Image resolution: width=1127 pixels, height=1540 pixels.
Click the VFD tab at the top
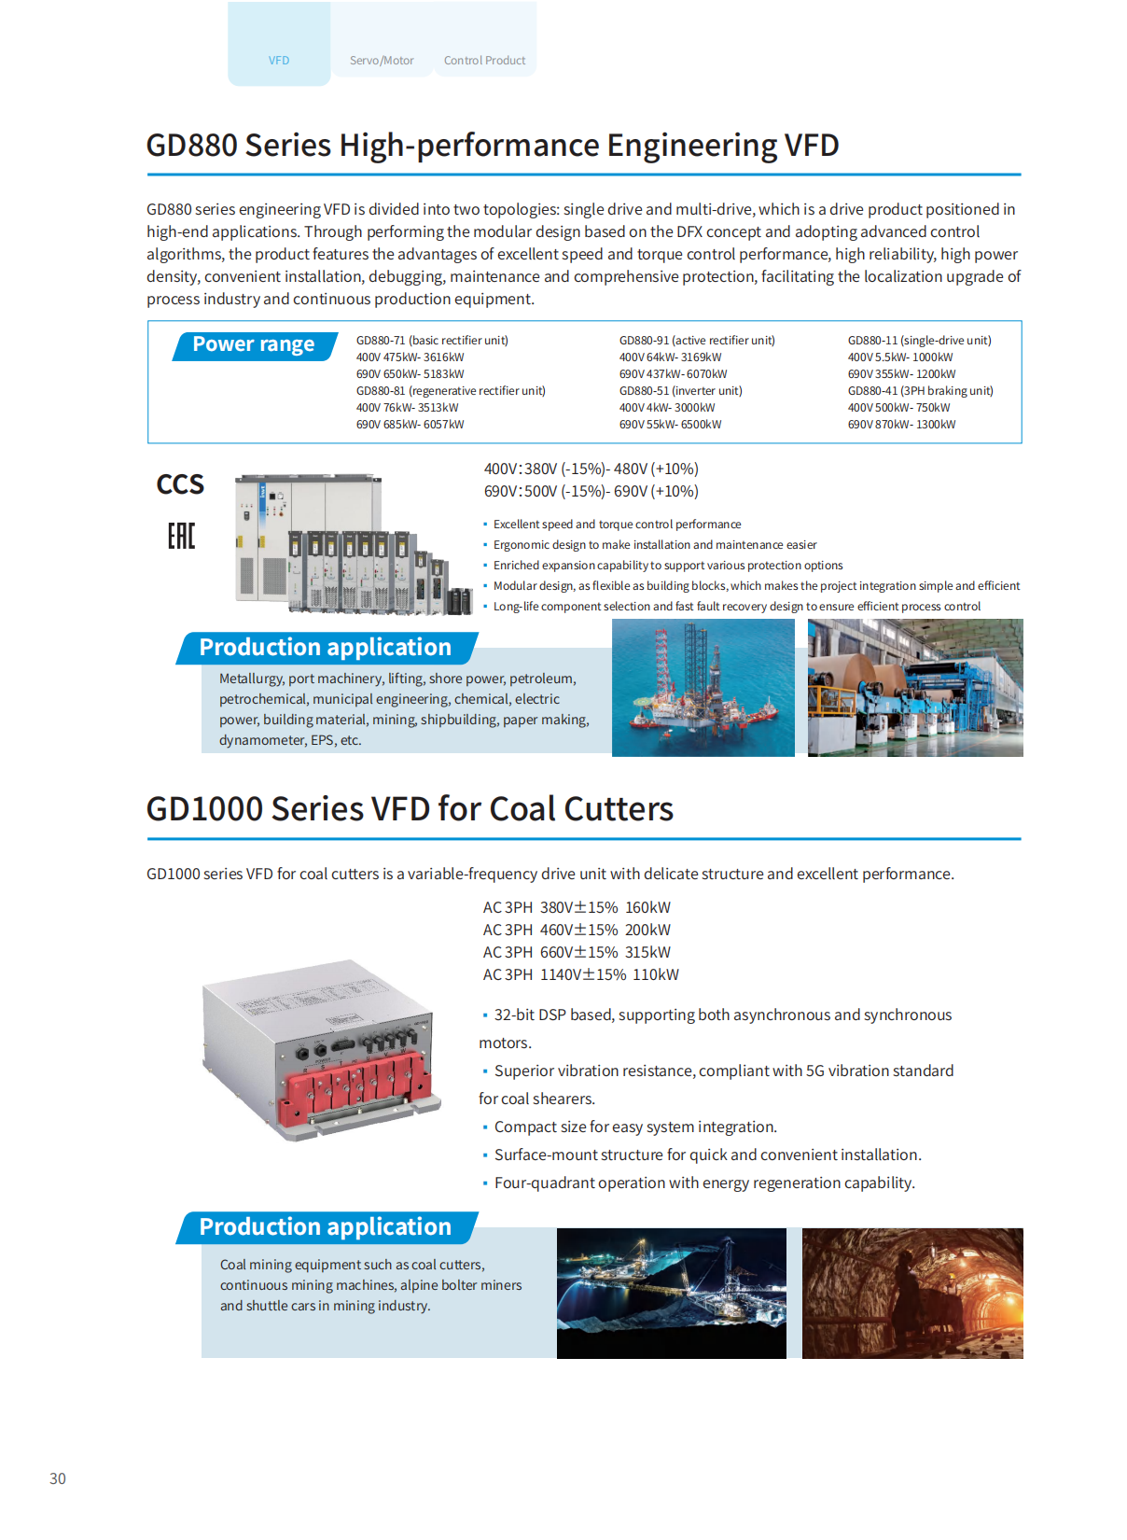[279, 60]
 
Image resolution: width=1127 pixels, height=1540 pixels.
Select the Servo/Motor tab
[382, 60]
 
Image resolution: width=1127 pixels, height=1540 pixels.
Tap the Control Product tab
[484, 60]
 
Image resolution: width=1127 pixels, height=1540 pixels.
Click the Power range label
[254, 344]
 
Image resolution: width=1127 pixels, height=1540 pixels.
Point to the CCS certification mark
[180, 484]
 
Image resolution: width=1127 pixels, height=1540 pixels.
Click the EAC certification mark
[181, 536]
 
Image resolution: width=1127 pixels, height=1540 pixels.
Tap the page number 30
[58, 1478]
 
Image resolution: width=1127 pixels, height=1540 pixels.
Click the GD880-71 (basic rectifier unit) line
[432, 341]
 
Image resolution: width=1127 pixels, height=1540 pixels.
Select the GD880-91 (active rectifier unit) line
[697, 341]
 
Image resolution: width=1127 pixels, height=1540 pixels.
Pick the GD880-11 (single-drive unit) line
[919, 341]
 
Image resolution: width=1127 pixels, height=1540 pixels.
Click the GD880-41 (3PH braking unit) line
[920, 391]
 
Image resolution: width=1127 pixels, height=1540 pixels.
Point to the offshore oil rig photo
[703, 688]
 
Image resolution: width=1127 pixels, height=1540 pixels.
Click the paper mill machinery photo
[915, 688]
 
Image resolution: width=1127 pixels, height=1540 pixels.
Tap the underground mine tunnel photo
[912, 1293]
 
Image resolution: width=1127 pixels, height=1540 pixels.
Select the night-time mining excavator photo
[671, 1293]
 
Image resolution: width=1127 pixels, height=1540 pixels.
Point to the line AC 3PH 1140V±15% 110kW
[580, 974]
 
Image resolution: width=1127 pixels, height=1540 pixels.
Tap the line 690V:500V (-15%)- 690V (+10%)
[591, 491]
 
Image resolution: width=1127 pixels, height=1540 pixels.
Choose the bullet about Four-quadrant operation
[704, 1183]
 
